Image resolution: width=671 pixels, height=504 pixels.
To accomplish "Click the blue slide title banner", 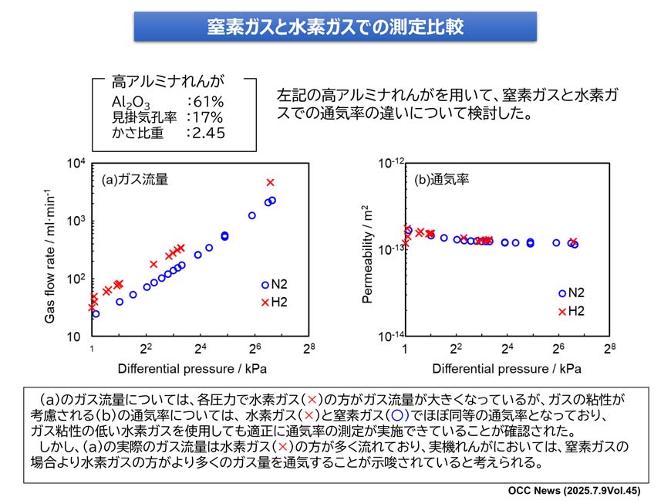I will point(335,27).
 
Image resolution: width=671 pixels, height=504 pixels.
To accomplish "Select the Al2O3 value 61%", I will point(204,102).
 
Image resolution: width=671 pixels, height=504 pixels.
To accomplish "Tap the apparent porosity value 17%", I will point(204,117).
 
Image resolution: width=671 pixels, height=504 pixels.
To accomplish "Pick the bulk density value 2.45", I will point(204,133).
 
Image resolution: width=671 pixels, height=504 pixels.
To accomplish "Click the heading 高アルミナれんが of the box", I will point(167,80).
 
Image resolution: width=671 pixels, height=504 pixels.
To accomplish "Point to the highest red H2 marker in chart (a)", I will point(270,182).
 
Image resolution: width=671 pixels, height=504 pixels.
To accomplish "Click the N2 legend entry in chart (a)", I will point(275,285).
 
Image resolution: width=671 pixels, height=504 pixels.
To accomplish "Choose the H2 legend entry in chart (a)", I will point(275,302).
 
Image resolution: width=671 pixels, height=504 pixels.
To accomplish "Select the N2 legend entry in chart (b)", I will point(574,293).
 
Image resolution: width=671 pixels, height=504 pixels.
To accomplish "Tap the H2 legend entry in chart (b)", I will point(574,311).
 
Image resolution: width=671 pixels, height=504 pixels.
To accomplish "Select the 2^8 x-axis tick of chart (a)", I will point(309,348).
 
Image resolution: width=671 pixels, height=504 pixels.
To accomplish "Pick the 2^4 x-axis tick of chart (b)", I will point(507,348).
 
